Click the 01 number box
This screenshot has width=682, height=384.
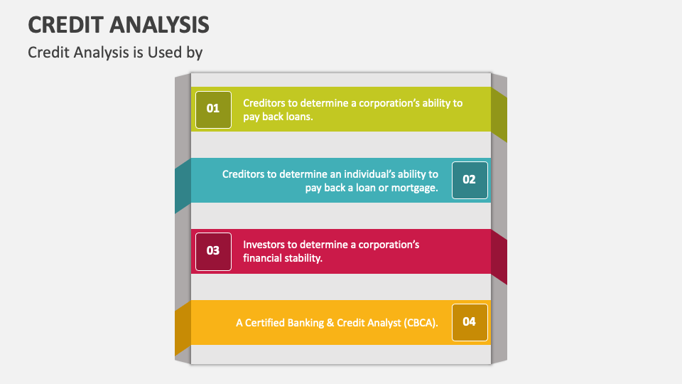click(x=213, y=109)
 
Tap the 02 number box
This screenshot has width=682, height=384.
click(x=469, y=180)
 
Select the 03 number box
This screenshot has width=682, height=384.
click(x=213, y=251)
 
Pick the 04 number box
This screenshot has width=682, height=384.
click(x=469, y=321)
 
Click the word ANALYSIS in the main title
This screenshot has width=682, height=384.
click(x=160, y=25)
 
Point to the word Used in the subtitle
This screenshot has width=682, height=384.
click(x=165, y=53)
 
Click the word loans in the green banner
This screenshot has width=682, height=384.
click(x=298, y=117)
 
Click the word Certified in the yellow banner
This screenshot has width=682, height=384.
click(x=264, y=323)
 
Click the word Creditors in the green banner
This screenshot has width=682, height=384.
click(x=265, y=102)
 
